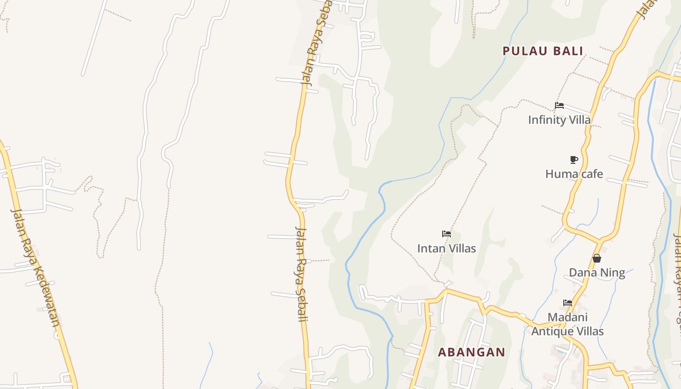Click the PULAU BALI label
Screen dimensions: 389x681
coord(543,51)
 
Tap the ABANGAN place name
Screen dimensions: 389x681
coord(471,352)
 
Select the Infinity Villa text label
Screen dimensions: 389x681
coord(559,120)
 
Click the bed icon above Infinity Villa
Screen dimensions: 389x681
coord(559,106)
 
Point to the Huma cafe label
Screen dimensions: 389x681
coord(574,174)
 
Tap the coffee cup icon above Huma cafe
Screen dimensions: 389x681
coord(574,159)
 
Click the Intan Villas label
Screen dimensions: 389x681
coord(447,248)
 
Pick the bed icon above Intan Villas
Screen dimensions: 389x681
coord(447,234)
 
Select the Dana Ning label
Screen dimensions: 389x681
coord(597,272)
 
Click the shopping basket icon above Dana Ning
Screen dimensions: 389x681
coord(597,258)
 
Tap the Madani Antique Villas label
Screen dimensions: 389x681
coord(567,324)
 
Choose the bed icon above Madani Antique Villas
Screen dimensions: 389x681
coord(568,303)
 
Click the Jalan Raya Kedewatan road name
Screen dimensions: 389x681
coord(36,267)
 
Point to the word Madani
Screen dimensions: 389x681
coord(568,318)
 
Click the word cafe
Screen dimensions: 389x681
coord(591,174)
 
